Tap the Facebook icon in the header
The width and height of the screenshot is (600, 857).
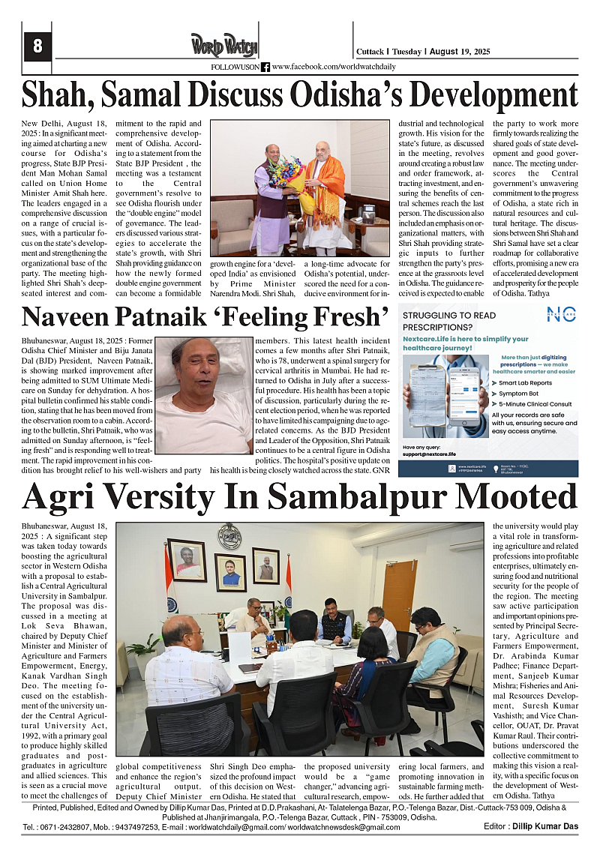click(265, 67)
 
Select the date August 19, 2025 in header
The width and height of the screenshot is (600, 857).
click(460, 52)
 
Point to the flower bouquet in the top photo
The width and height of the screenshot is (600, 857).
click(291, 178)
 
